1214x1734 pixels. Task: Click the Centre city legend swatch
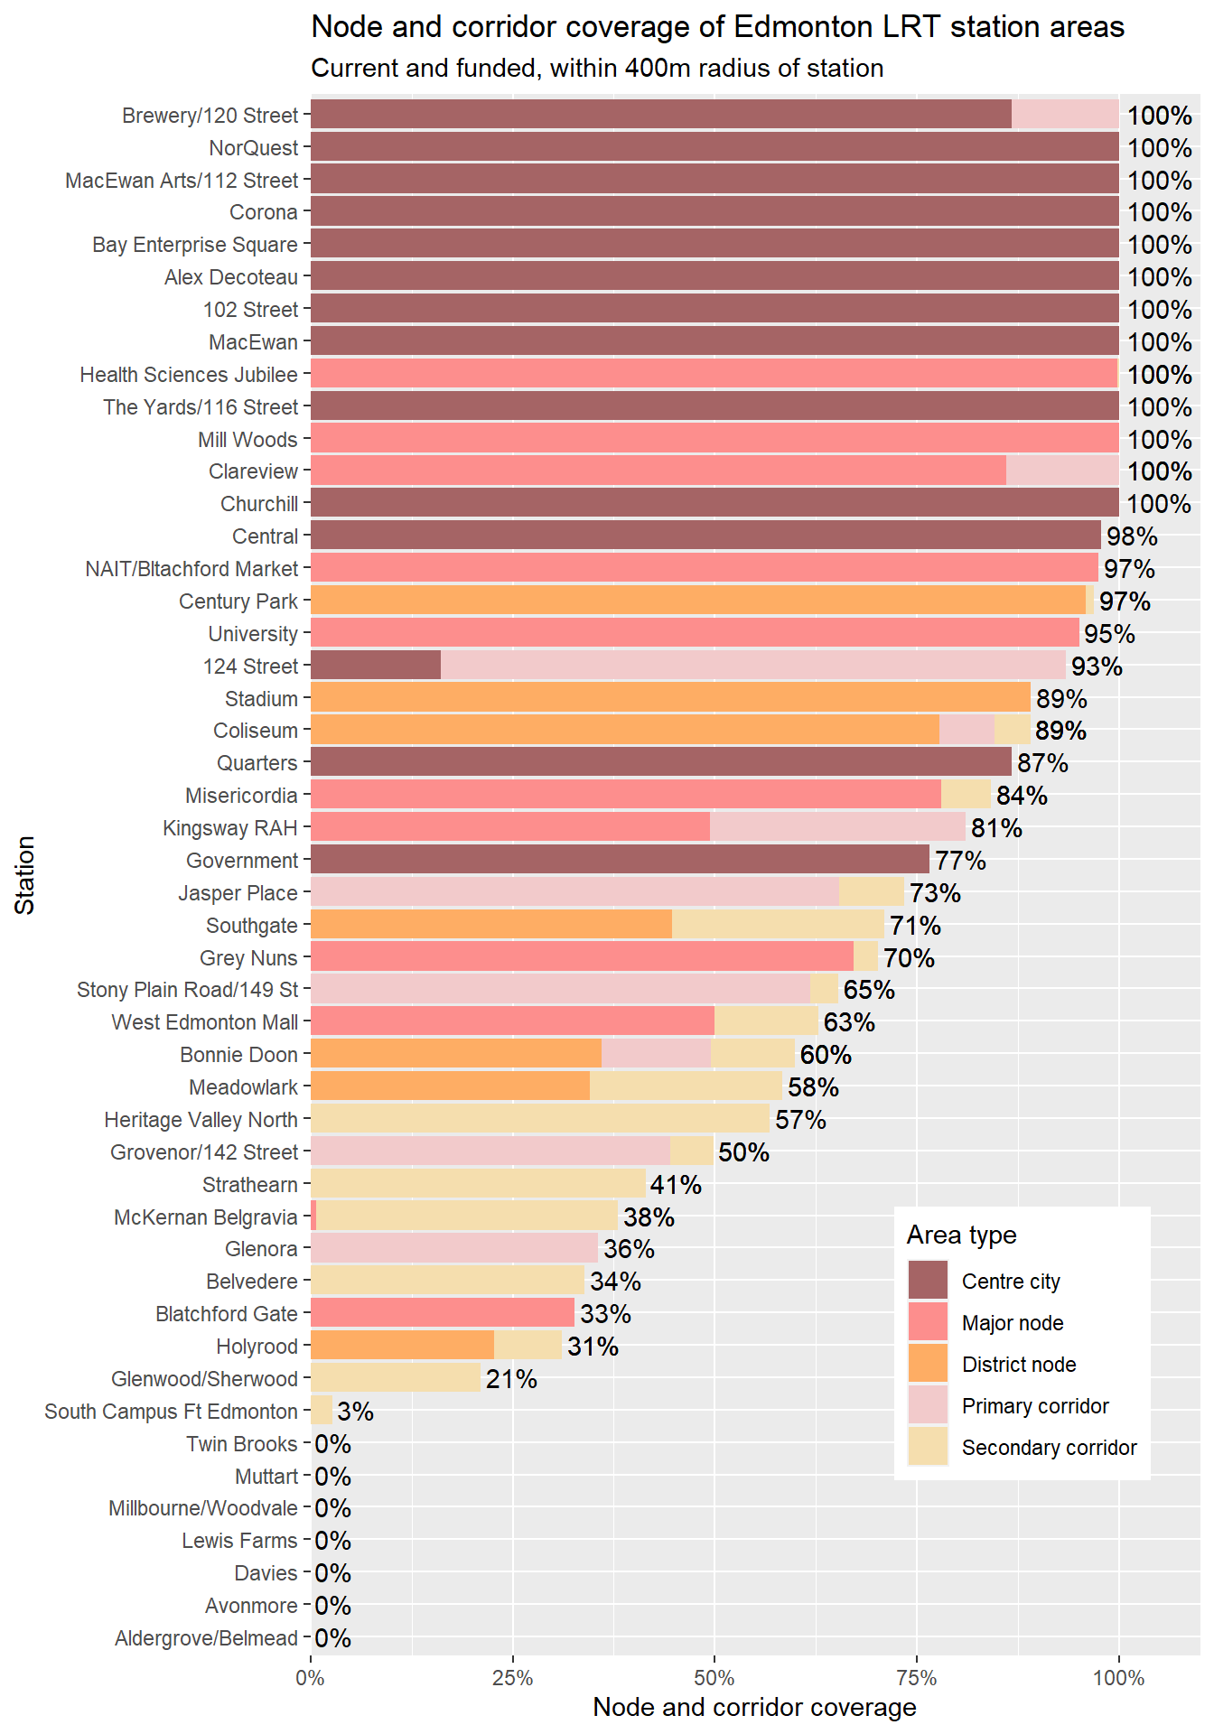click(928, 1281)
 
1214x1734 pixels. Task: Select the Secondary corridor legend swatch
click(928, 1447)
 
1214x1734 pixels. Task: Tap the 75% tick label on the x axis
click(916, 1678)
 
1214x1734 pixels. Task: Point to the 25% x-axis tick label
click(512, 1678)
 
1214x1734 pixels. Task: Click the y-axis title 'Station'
click(25, 875)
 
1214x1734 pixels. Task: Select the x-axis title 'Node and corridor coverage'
click(754, 1707)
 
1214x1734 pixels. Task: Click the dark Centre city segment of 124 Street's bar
click(376, 666)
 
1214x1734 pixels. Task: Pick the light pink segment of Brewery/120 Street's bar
click(1065, 115)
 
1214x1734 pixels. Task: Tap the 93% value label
click(1097, 667)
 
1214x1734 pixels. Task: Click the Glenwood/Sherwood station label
click(204, 1379)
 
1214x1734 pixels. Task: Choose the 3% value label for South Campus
click(356, 1412)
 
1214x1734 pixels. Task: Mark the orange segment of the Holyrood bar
click(402, 1346)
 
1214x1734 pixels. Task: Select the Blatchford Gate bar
click(443, 1313)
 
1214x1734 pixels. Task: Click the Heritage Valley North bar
click(540, 1119)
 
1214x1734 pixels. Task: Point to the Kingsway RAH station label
click(229, 828)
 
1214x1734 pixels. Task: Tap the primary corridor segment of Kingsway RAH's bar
click(837, 827)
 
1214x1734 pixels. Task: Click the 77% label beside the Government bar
click(960, 861)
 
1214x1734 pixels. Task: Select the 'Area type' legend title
click(961, 1235)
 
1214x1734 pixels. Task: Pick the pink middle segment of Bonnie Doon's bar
click(656, 1054)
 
